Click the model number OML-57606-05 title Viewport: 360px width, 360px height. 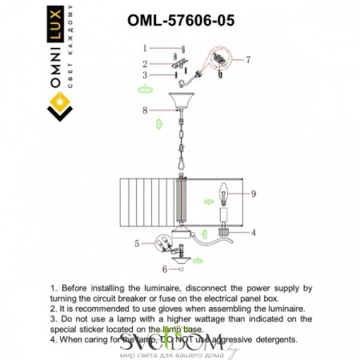pyautogui.click(x=182, y=22)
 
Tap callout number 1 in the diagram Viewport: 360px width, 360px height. pyautogui.click(x=146, y=49)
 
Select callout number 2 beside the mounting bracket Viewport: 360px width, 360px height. pyautogui.click(x=146, y=63)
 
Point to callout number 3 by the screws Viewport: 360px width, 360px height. pyautogui.click(x=146, y=75)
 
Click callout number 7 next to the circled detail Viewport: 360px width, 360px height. pyautogui.click(x=248, y=59)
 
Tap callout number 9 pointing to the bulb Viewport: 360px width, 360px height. pyautogui.click(x=252, y=193)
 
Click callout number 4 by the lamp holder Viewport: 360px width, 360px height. pyautogui.click(x=253, y=233)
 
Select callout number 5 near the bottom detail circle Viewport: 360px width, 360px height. pyautogui.click(x=137, y=242)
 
